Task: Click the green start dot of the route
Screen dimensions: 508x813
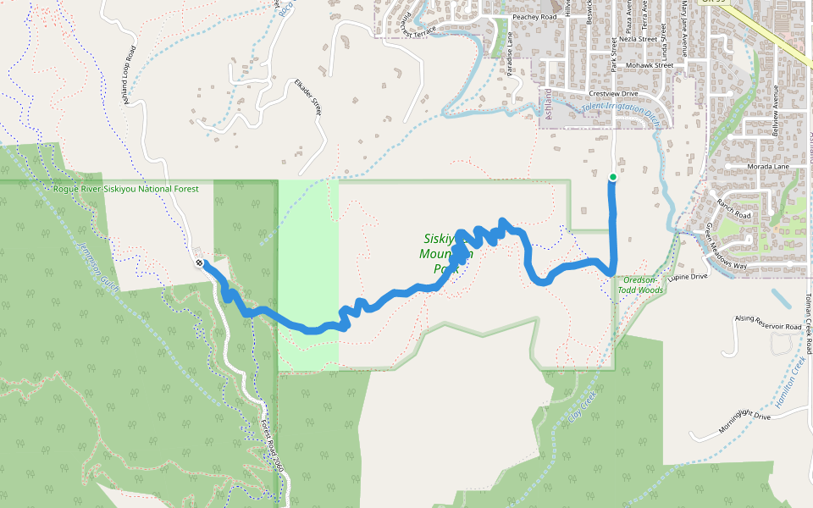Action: click(612, 177)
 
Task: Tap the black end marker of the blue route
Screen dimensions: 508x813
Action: click(199, 263)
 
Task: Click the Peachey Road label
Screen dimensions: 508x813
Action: click(534, 16)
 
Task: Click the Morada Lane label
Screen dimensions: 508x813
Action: click(768, 167)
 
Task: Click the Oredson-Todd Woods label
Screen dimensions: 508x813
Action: click(640, 284)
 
